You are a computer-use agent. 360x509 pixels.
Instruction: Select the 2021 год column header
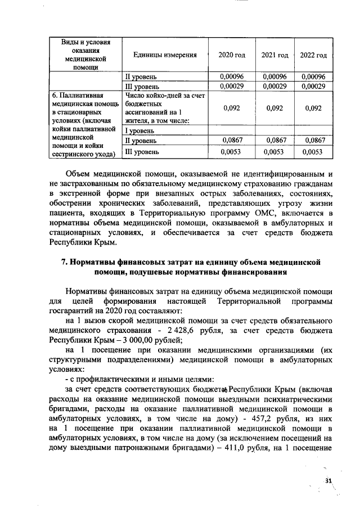pyautogui.click(x=274, y=55)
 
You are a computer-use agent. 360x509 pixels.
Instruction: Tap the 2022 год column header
pyautogui.click(x=313, y=55)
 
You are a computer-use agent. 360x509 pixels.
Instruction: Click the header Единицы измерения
pyautogui.click(x=165, y=55)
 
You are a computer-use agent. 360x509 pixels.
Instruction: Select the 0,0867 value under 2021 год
pyautogui.click(x=274, y=141)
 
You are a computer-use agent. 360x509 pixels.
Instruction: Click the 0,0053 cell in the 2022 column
pyautogui.click(x=313, y=152)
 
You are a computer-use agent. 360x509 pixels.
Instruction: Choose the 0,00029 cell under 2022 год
pyautogui.click(x=313, y=87)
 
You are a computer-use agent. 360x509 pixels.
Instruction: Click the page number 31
pyautogui.click(x=329, y=480)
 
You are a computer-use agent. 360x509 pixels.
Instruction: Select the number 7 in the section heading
pyautogui.click(x=64, y=262)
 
